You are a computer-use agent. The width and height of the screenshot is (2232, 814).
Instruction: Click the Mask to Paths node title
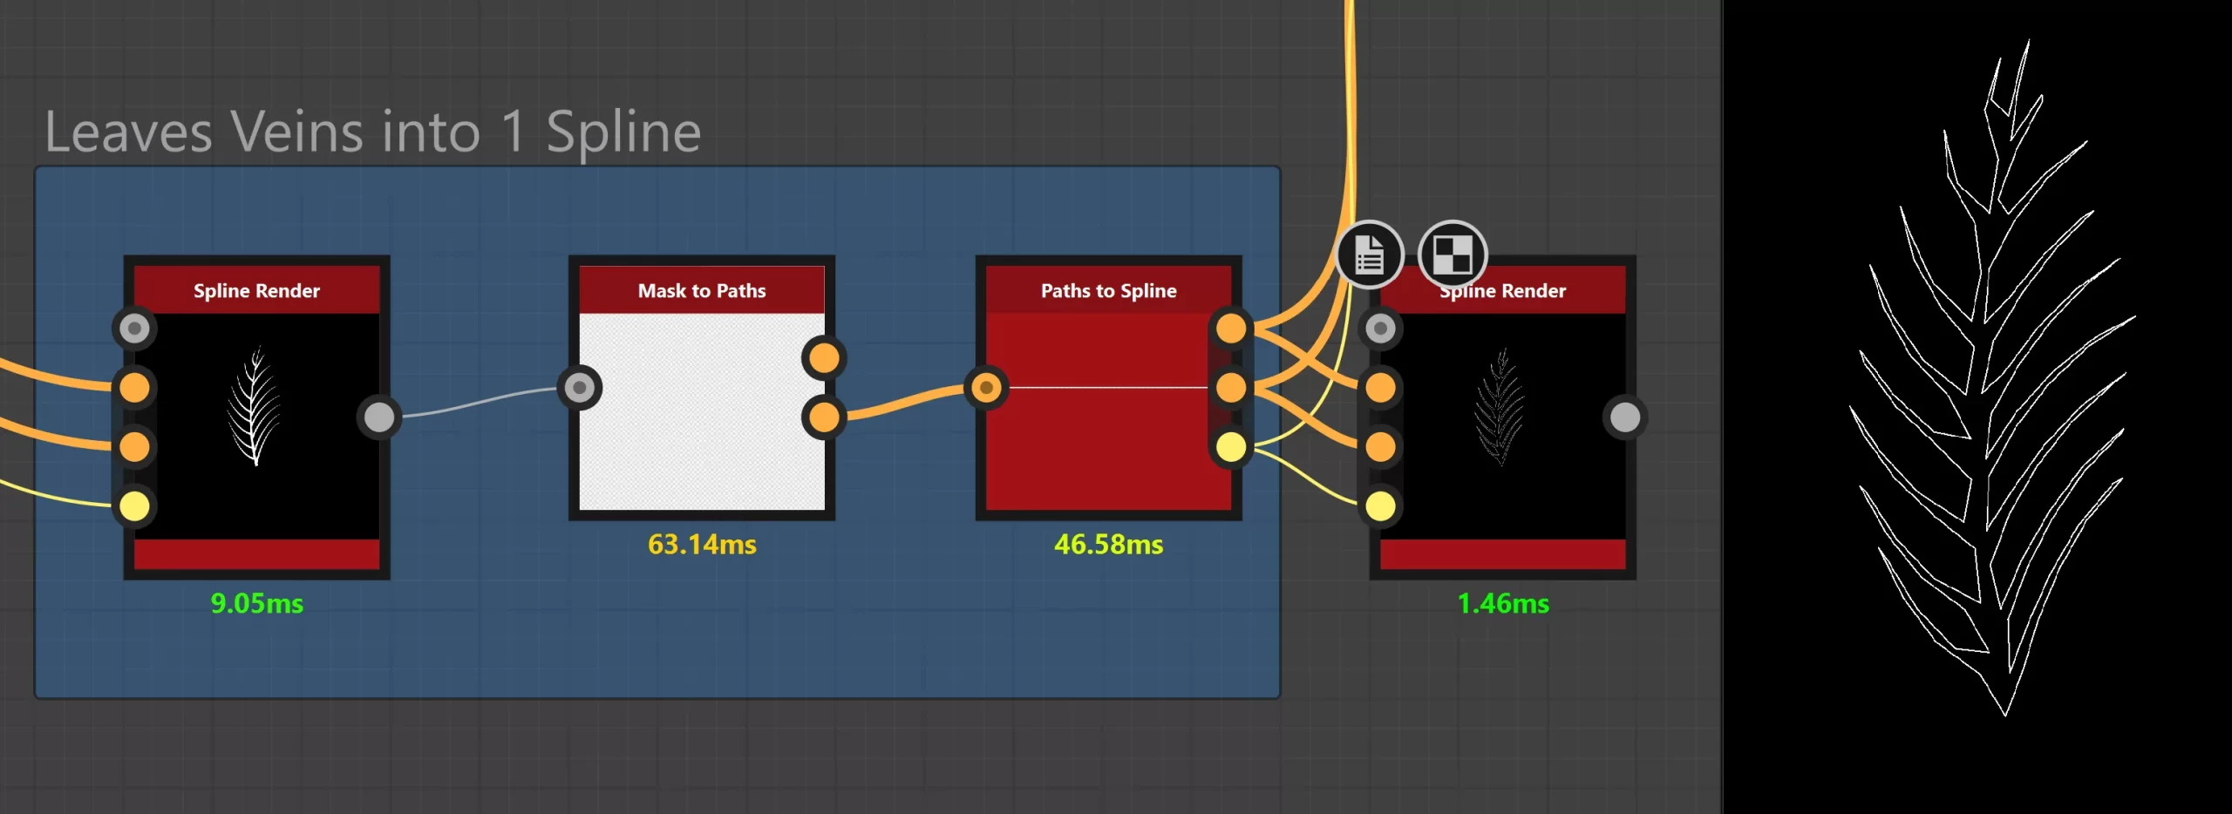coord(702,291)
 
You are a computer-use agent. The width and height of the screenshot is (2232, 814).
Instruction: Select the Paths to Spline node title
coord(1108,291)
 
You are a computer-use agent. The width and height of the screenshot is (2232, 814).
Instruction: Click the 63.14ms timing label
coord(702,545)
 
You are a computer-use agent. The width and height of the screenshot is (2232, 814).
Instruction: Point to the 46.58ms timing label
coord(1108,545)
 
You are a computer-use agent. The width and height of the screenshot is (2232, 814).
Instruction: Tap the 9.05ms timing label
coord(257,604)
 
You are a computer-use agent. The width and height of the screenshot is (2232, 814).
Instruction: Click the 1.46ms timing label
coord(1503,604)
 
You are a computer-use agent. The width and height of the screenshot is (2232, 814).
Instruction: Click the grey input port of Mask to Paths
coord(580,388)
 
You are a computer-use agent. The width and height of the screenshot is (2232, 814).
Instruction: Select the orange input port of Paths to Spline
coord(986,388)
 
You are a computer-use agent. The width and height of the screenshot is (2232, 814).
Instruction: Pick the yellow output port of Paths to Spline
coord(1230,447)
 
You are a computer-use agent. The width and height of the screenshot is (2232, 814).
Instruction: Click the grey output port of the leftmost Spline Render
coord(378,417)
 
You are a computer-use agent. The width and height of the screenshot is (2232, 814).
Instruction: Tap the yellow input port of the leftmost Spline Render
coord(134,506)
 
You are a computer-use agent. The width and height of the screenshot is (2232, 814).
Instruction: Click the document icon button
coord(1370,254)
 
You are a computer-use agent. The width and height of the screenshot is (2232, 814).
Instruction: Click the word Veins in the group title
coord(356,132)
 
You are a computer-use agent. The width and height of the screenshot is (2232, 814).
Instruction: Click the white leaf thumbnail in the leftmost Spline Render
coord(255,406)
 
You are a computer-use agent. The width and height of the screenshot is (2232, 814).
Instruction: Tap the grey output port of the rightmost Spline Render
coord(1624,417)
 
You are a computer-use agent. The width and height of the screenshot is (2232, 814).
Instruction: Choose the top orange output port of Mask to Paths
coord(824,358)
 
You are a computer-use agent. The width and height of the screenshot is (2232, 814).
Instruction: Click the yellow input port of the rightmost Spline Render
coord(1380,506)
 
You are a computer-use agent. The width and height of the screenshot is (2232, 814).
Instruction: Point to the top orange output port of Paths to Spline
coord(1230,329)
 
